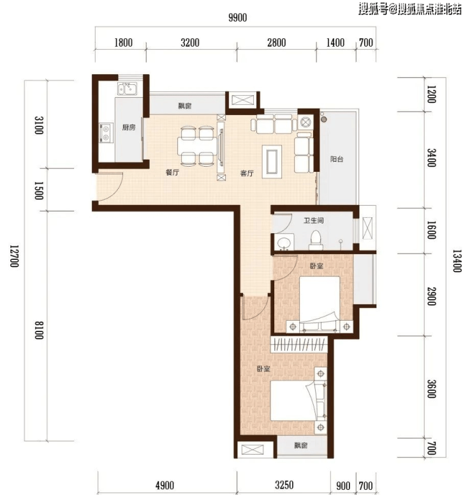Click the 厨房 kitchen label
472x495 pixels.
pos(129,128)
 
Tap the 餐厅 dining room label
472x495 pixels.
pos(172,172)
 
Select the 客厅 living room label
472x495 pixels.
pos(247,173)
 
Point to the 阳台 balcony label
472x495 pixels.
pos(337,159)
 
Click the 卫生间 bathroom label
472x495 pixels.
pos(314,220)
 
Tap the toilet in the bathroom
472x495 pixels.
pos(316,240)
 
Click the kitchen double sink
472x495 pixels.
pos(128,89)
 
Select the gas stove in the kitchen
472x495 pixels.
pos(106,133)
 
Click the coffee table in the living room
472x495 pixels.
pos(272,162)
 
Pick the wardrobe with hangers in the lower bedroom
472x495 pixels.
pos(299,344)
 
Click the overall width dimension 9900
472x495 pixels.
pos(238,18)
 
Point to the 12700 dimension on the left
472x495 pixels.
pos(15,256)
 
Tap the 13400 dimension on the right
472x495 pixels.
pos(457,261)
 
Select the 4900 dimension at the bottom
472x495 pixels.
pos(165,485)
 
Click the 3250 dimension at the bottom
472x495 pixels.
pos(284,485)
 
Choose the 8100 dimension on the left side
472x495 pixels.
pos(39,330)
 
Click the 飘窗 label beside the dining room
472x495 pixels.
pos(185,106)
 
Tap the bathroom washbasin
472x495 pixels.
pos(284,243)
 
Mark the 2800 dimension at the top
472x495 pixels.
pos(277,43)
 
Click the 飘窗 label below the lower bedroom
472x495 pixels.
pos(301,445)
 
